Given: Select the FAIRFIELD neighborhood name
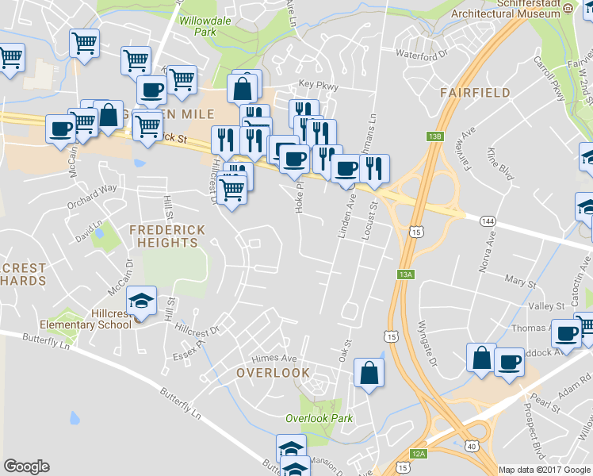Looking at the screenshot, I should click(476, 93).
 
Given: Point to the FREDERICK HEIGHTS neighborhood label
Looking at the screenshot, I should click(166, 236).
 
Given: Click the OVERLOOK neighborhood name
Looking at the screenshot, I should click(273, 372).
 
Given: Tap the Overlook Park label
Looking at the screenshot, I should click(319, 418).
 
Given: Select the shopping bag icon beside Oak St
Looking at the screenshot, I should click(369, 372).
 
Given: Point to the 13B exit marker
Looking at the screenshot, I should click(434, 136).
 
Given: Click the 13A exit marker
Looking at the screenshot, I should click(406, 274).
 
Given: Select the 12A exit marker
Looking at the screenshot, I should click(419, 453).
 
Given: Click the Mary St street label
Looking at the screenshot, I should click(520, 279).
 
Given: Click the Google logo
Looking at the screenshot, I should click(26, 466).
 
